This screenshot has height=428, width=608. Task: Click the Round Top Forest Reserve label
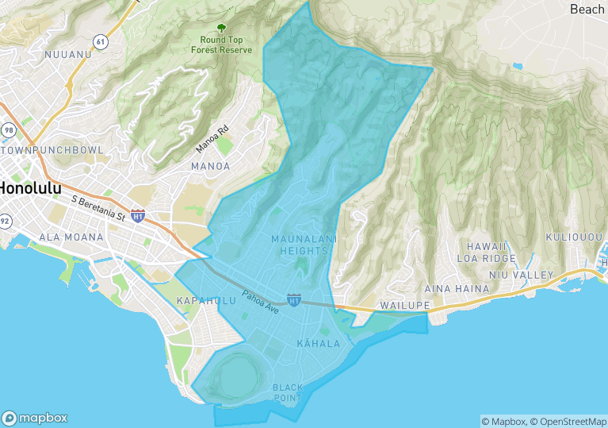coord(221,44)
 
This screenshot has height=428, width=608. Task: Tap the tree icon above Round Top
coord(221,28)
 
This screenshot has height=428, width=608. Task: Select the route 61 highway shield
coord(99,40)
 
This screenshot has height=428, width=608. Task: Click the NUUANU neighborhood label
coord(68,54)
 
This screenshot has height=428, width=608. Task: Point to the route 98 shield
coord(9,129)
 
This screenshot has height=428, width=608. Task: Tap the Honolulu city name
coord(30,189)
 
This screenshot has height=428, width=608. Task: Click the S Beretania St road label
coord(98,208)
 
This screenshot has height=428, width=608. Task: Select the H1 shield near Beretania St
coord(138,215)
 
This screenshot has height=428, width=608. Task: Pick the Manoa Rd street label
coord(212,138)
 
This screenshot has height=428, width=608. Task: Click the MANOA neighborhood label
coord(210,166)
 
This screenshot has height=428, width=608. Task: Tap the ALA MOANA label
coord(71,237)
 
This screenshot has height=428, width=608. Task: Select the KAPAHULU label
coord(206,300)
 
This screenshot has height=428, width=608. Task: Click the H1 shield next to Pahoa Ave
coord(294,301)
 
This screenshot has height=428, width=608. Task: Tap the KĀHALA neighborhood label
coord(318,344)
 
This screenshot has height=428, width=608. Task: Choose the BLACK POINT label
coord(288,391)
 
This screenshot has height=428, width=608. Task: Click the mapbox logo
coord(35,418)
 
